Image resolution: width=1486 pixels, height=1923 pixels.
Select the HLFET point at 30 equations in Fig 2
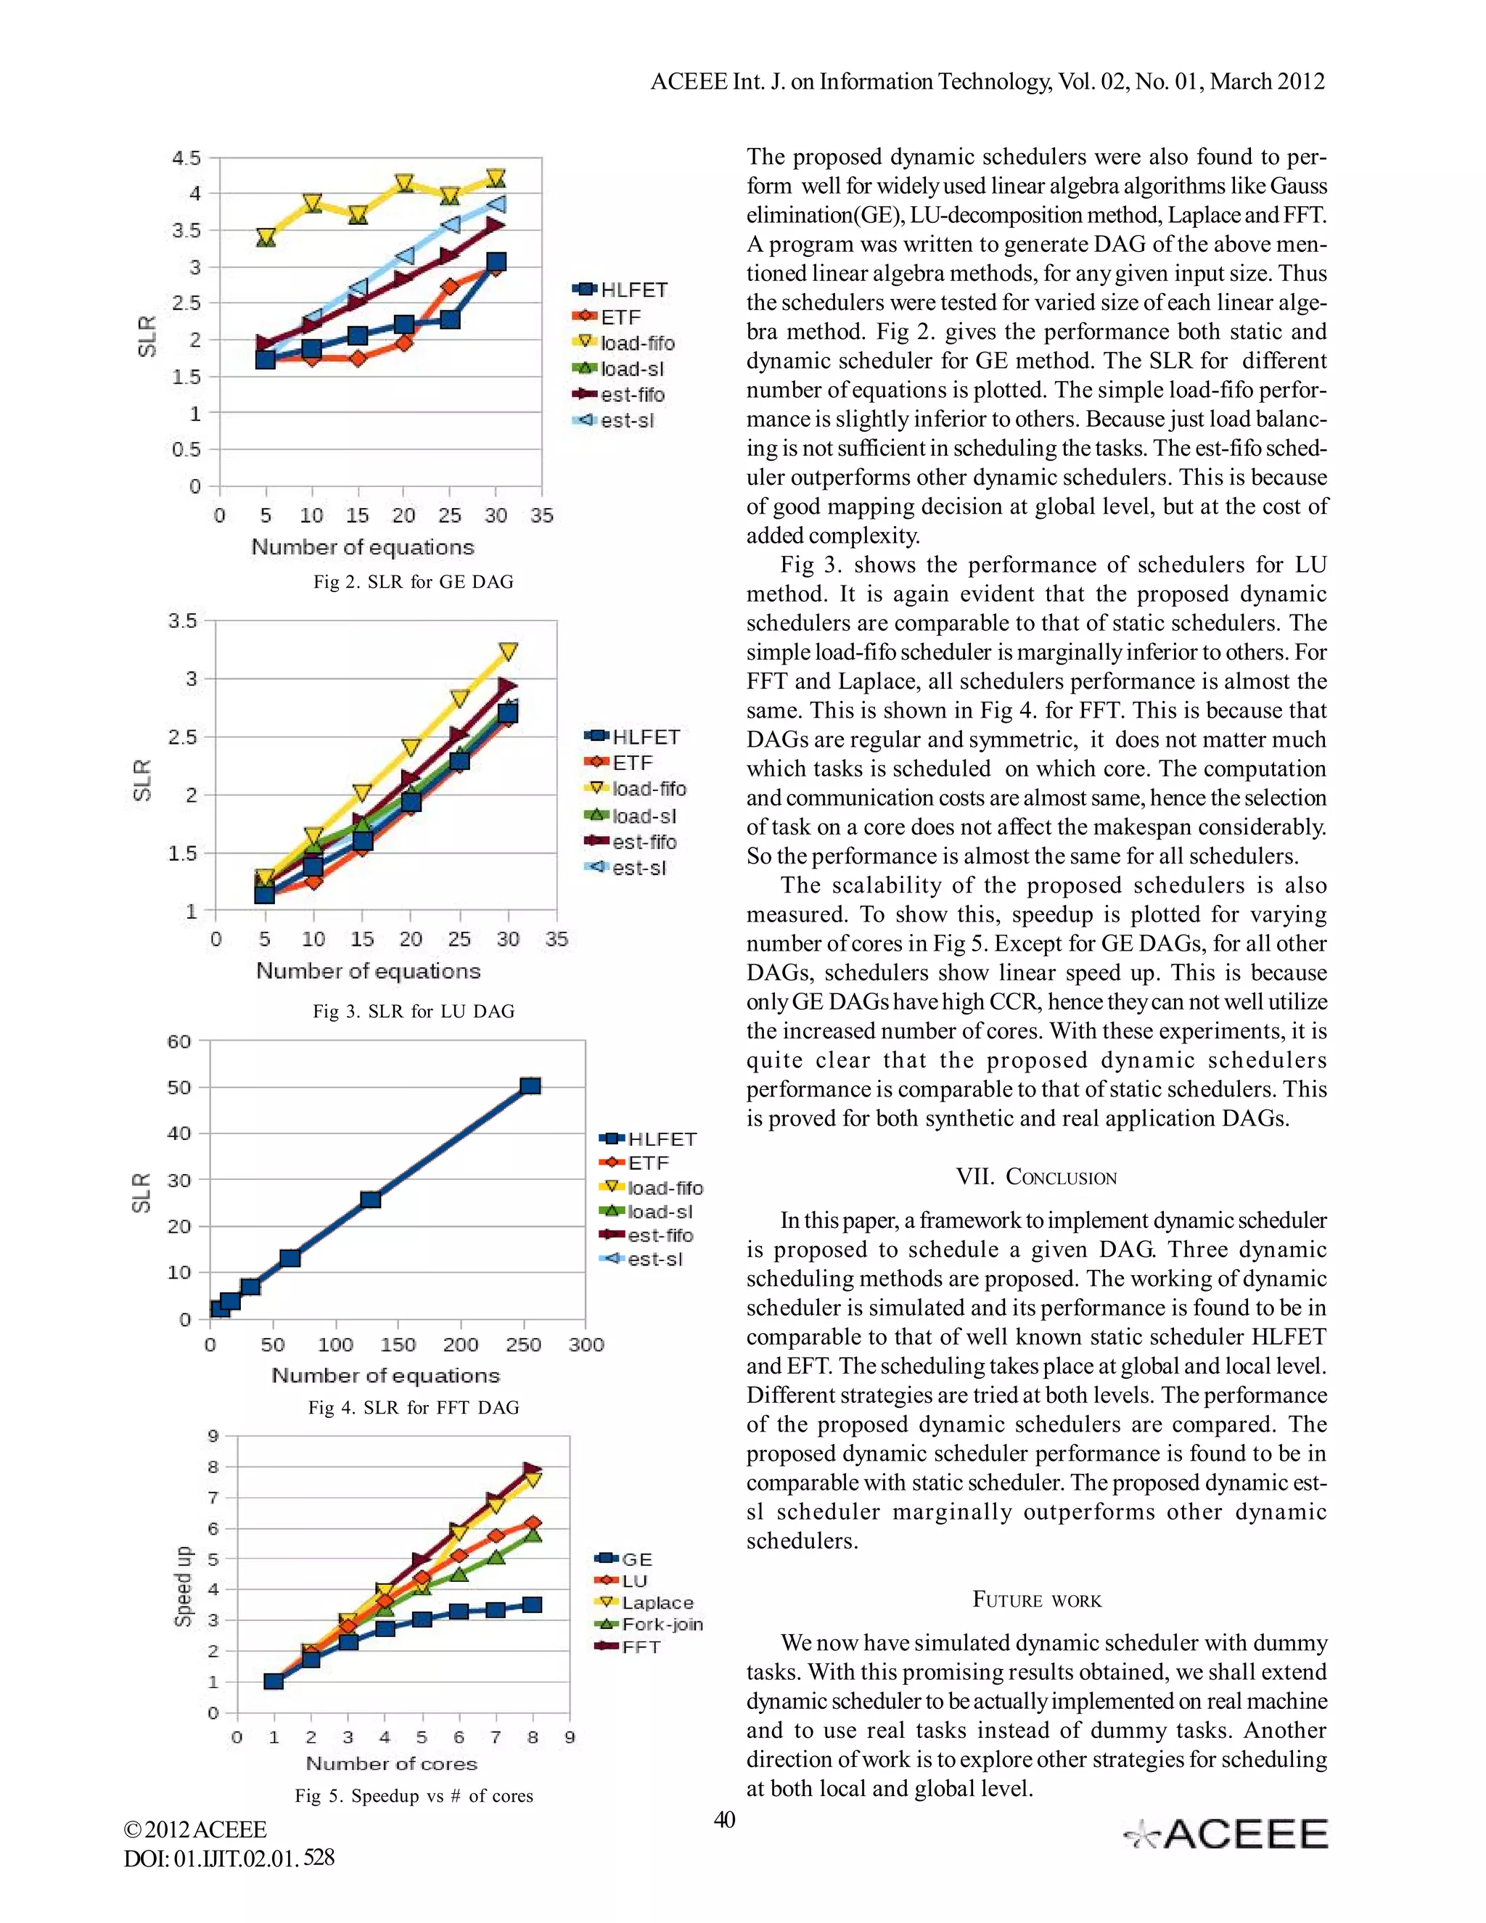click(x=496, y=261)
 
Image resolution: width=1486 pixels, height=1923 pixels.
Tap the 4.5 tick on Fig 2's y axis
click(x=186, y=158)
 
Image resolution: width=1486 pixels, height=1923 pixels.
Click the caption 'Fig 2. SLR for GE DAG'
click(x=413, y=581)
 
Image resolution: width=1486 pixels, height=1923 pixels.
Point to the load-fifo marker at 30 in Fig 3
click(x=508, y=652)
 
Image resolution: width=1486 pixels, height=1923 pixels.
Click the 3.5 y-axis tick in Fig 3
click(x=182, y=620)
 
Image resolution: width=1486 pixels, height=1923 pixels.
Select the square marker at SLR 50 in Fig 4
click(x=530, y=1086)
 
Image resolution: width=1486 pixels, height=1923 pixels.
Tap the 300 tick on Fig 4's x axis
click(x=586, y=1345)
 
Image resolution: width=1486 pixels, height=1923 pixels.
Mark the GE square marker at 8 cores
click(x=532, y=1604)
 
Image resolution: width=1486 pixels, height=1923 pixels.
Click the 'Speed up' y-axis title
click(x=183, y=1586)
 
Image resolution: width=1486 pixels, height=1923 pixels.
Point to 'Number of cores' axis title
click(x=391, y=1763)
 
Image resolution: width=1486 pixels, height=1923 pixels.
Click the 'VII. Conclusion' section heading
click(x=1036, y=1177)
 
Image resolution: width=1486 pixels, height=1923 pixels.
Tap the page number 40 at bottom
click(x=723, y=1820)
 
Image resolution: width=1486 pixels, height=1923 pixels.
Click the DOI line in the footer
click(x=229, y=1858)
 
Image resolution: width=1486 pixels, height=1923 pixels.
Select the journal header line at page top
click(x=987, y=81)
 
